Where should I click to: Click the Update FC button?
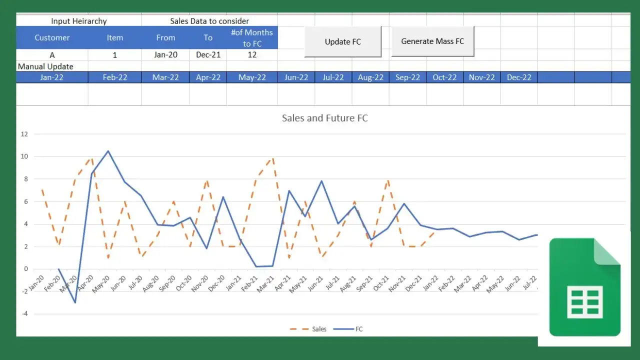click(x=343, y=42)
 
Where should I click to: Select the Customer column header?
click(x=52, y=37)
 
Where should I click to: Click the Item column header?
click(x=114, y=37)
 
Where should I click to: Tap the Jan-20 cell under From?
click(x=165, y=55)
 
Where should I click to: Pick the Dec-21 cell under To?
click(x=208, y=55)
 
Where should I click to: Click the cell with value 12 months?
click(x=252, y=55)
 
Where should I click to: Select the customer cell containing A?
click(x=52, y=55)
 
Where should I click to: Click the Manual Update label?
click(x=45, y=66)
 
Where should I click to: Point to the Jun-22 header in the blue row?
click(x=296, y=77)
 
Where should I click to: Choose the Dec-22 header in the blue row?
click(x=519, y=77)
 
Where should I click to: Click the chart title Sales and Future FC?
click(x=325, y=118)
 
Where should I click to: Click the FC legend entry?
click(x=359, y=329)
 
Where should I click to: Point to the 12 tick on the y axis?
click(x=24, y=134)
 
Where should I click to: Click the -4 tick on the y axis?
click(x=24, y=314)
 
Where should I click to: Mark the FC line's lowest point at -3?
click(x=75, y=302)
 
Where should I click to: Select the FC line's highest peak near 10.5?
click(x=108, y=151)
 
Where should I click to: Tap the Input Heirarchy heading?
click(x=79, y=21)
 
